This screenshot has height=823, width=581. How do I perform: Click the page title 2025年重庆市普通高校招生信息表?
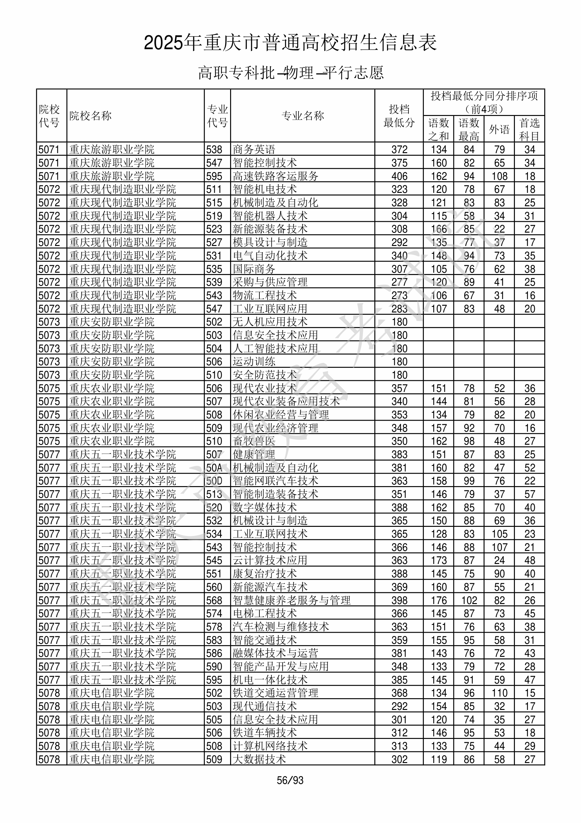[290, 43]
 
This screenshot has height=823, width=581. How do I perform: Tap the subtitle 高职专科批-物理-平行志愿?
[290, 73]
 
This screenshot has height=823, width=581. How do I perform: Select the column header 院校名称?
[90, 116]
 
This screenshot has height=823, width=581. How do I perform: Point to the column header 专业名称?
[303, 116]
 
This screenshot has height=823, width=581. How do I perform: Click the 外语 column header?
[499, 129]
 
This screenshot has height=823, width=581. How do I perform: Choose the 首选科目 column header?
[530, 129]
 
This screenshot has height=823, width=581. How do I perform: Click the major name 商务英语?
[254, 150]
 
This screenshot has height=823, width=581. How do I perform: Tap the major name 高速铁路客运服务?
[275, 176]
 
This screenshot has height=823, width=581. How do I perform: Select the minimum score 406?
[399, 176]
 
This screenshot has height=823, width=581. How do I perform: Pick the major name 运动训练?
[254, 362]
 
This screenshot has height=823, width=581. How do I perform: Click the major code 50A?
[214, 468]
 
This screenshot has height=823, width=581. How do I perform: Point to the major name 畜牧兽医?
[254, 441]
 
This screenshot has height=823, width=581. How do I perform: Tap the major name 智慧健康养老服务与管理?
[292, 600]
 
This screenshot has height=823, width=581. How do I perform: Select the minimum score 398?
[399, 600]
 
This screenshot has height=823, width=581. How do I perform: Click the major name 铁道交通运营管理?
[275, 693]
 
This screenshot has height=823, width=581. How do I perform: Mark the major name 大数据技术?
[259, 759]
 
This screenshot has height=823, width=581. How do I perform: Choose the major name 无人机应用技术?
[270, 322]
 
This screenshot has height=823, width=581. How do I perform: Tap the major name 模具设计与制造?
[270, 242]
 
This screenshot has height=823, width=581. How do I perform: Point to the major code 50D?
[214, 481]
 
